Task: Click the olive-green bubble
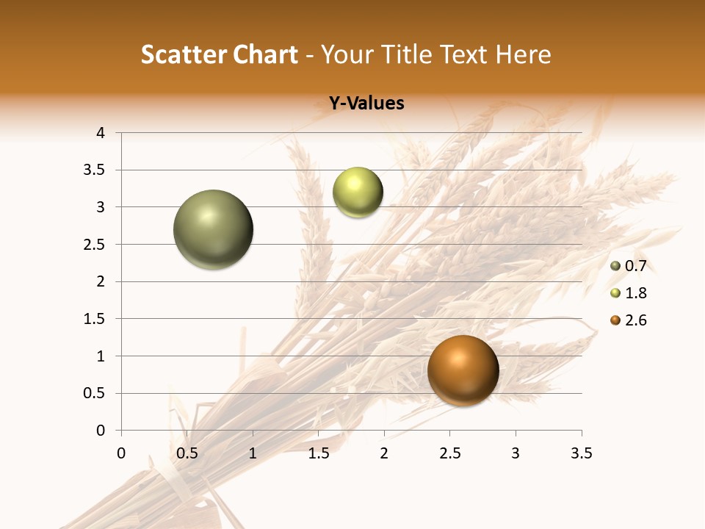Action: (213, 229)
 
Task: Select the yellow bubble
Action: (358, 192)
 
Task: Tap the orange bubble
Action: (463, 370)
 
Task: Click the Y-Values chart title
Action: (366, 104)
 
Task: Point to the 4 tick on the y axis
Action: (101, 133)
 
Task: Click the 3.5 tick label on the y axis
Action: (95, 170)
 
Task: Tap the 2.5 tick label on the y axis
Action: (95, 245)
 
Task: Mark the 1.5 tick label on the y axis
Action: (95, 319)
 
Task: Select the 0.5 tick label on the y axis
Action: (95, 393)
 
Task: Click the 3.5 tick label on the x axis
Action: (581, 453)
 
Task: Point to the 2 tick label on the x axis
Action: (384, 453)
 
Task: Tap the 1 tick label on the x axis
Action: (253, 453)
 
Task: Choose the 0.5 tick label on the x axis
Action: (187, 453)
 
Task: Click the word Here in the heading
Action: (524, 54)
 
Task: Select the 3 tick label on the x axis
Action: (516, 453)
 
